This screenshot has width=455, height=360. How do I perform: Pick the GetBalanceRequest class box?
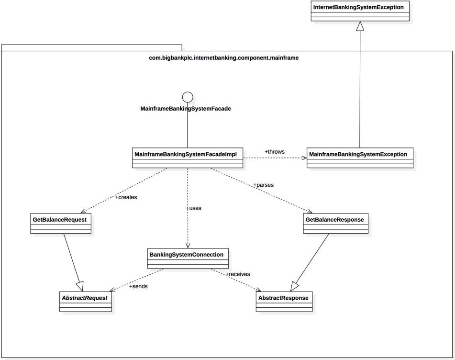(60, 223)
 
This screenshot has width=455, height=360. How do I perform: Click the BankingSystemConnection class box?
(187, 258)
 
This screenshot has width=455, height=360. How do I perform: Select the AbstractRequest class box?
(86, 302)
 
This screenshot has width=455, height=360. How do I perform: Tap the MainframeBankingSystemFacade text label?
(186, 109)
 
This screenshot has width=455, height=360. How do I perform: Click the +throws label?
(274, 152)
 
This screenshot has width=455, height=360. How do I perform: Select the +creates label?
(126, 197)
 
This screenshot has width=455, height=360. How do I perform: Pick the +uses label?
(194, 208)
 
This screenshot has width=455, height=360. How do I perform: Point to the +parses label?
(263, 184)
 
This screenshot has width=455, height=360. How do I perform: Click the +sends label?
(138, 286)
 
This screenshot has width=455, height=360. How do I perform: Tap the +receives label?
(238, 274)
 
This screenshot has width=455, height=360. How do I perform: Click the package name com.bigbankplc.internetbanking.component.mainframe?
(224, 58)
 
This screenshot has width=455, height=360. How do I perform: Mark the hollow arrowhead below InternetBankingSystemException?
(360, 27)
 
